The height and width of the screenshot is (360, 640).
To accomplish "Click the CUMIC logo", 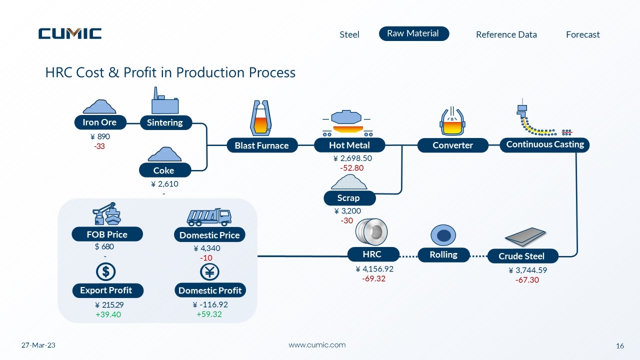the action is coord(70,33).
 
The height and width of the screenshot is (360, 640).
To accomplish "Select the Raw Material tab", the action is coord(414,33).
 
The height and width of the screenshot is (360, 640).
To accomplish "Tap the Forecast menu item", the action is coord(583,34).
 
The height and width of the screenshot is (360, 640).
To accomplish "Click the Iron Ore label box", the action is coord(100,122).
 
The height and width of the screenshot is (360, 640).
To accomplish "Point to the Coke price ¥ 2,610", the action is coord(164,183).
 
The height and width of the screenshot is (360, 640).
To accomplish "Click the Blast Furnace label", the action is coord(262,145).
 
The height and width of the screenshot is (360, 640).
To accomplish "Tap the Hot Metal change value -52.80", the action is coord(351,167).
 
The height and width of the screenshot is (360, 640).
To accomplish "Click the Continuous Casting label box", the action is coord(544,145).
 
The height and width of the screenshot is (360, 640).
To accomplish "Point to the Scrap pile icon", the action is coord(349,181).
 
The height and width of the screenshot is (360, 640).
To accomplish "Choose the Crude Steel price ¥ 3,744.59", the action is coord(527,270).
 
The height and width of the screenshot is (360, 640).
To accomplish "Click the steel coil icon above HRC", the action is coord(371,232).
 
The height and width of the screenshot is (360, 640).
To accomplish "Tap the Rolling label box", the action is coord(443,255).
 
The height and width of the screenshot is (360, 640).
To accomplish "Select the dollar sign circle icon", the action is coord(105,271).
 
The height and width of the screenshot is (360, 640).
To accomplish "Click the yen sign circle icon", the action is coord(209,272).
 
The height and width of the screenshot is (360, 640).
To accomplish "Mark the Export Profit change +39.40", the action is coord(108,314).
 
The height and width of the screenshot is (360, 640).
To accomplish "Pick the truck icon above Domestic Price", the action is coord(209,217).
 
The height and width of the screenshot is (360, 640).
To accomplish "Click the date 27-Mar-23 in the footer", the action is coord(38,345).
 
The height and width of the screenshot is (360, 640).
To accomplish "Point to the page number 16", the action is coord(619,346).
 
